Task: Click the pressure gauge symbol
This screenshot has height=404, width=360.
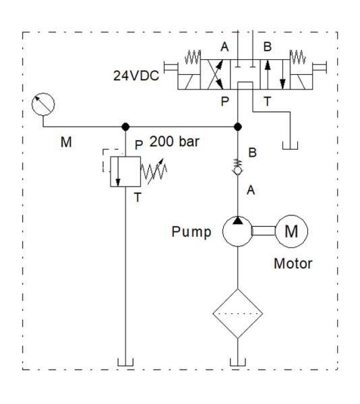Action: coord(44,104)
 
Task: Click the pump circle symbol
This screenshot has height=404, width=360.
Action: coord(237,232)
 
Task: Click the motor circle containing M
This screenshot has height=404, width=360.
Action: coord(291,232)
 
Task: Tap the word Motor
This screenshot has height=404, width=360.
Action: coord(293,263)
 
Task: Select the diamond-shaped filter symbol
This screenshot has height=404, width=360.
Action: coord(237,314)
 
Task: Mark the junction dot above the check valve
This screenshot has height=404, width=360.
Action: coord(237,127)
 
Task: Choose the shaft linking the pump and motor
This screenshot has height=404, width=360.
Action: coord(263,232)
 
